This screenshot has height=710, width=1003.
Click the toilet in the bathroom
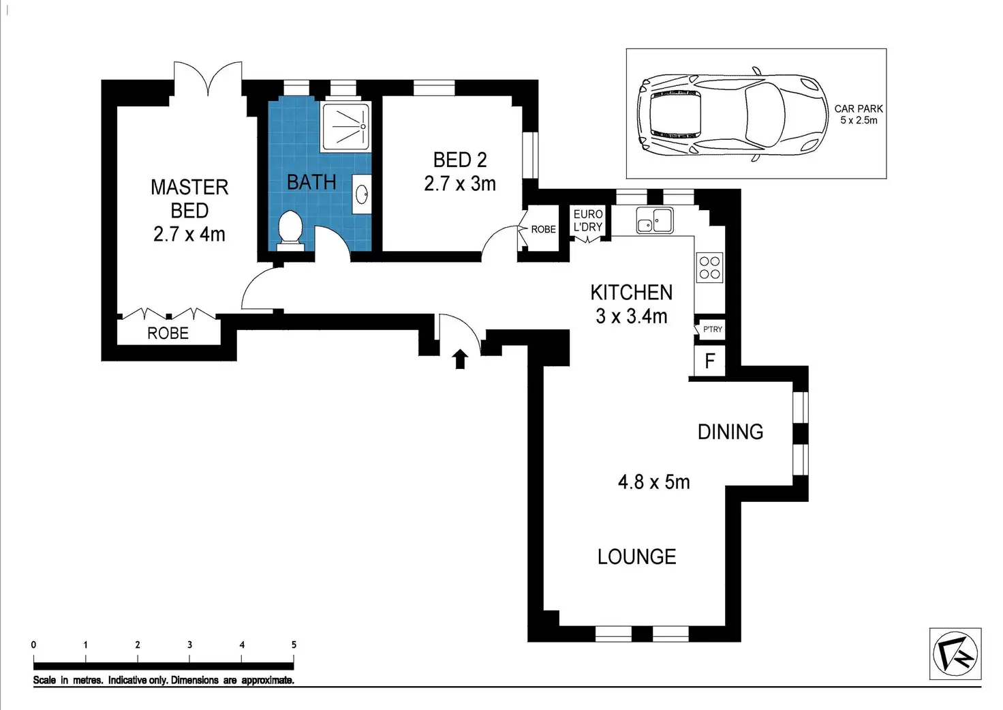click(x=290, y=231)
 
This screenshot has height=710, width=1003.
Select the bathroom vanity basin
click(x=361, y=194)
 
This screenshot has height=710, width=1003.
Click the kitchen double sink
click(x=655, y=220)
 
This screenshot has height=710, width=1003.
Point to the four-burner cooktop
click(x=710, y=267)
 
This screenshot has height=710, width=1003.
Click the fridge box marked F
click(x=710, y=360)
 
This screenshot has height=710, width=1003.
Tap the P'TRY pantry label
click(x=713, y=329)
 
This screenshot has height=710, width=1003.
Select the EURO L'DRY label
click(x=588, y=220)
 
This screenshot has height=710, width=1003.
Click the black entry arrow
click(x=460, y=359)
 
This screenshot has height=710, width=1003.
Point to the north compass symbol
click(x=955, y=653)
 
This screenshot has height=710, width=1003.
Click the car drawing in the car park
click(x=732, y=115)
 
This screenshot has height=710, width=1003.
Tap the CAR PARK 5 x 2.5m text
click(x=859, y=115)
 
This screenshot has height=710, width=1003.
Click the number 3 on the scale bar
click(x=189, y=645)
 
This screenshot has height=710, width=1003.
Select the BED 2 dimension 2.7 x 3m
click(x=460, y=183)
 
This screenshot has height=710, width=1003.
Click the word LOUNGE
click(x=636, y=557)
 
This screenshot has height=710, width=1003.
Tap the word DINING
click(x=730, y=432)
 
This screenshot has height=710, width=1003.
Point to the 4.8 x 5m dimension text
click(x=653, y=482)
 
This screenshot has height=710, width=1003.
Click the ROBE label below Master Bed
click(x=168, y=333)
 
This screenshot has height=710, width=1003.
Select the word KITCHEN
click(x=632, y=292)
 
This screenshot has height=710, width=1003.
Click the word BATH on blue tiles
click(x=311, y=182)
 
